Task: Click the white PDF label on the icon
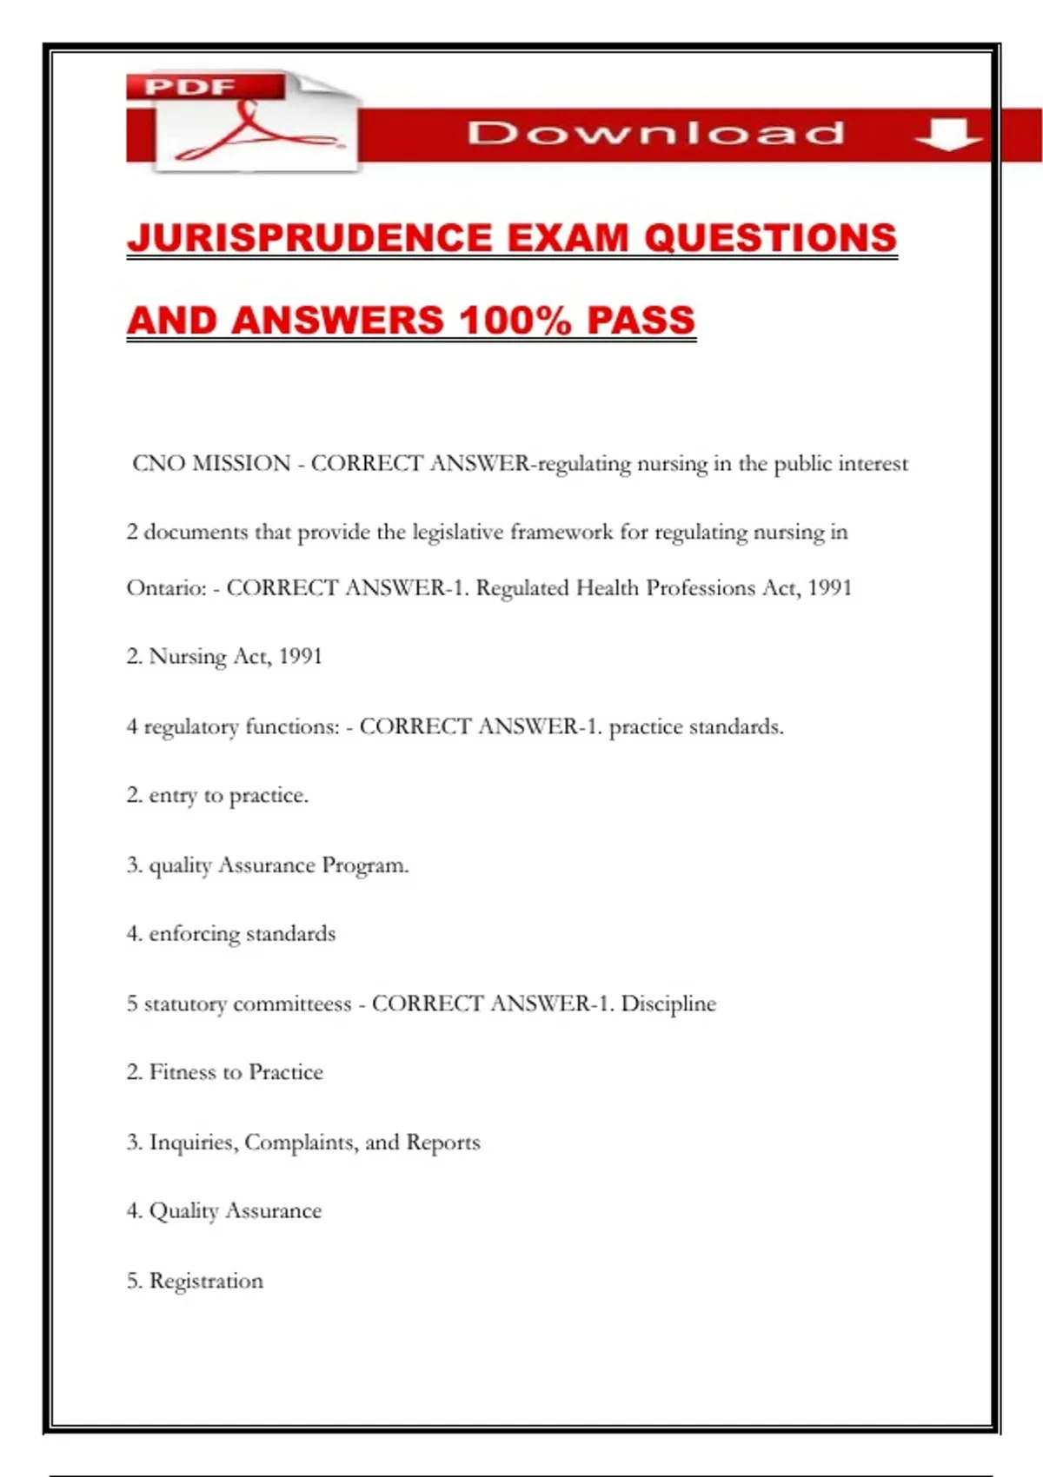click(189, 87)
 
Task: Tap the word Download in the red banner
click(655, 133)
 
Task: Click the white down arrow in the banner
click(947, 134)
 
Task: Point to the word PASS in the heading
click(641, 320)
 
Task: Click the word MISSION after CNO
click(242, 463)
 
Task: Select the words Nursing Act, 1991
click(235, 656)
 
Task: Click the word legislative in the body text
click(457, 532)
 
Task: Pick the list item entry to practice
click(228, 795)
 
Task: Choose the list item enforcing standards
click(242, 934)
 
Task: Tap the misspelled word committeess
click(292, 1003)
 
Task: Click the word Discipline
click(668, 1003)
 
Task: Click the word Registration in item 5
click(206, 1281)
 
